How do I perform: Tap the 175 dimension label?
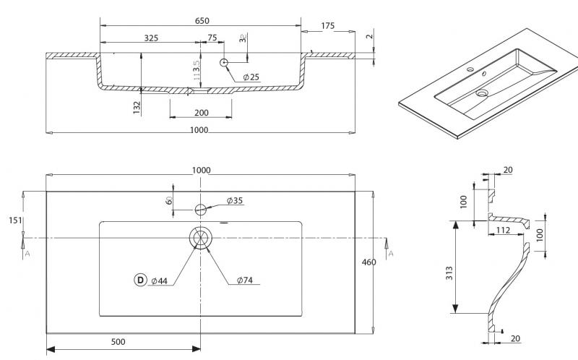327,26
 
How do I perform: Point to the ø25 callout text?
251,77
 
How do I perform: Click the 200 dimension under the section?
201,112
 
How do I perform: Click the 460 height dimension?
368,262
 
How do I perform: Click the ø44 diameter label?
160,280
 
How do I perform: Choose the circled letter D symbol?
139,280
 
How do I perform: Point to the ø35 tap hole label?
233,200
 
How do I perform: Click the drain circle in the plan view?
201,238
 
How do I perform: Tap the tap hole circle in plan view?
201,210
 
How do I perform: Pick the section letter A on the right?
391,253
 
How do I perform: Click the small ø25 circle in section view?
225,62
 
